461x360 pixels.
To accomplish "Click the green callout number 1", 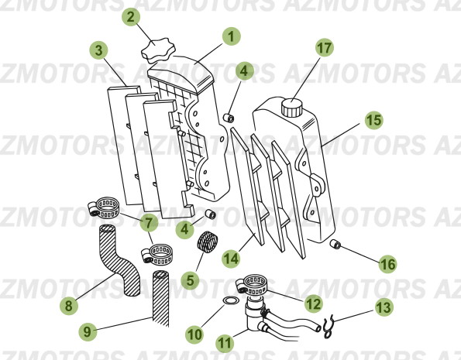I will click(231, 36).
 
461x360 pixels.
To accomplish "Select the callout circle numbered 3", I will click(98, 51).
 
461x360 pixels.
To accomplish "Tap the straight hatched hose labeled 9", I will click(161, 298).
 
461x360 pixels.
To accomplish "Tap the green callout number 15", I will click(373, 120).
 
